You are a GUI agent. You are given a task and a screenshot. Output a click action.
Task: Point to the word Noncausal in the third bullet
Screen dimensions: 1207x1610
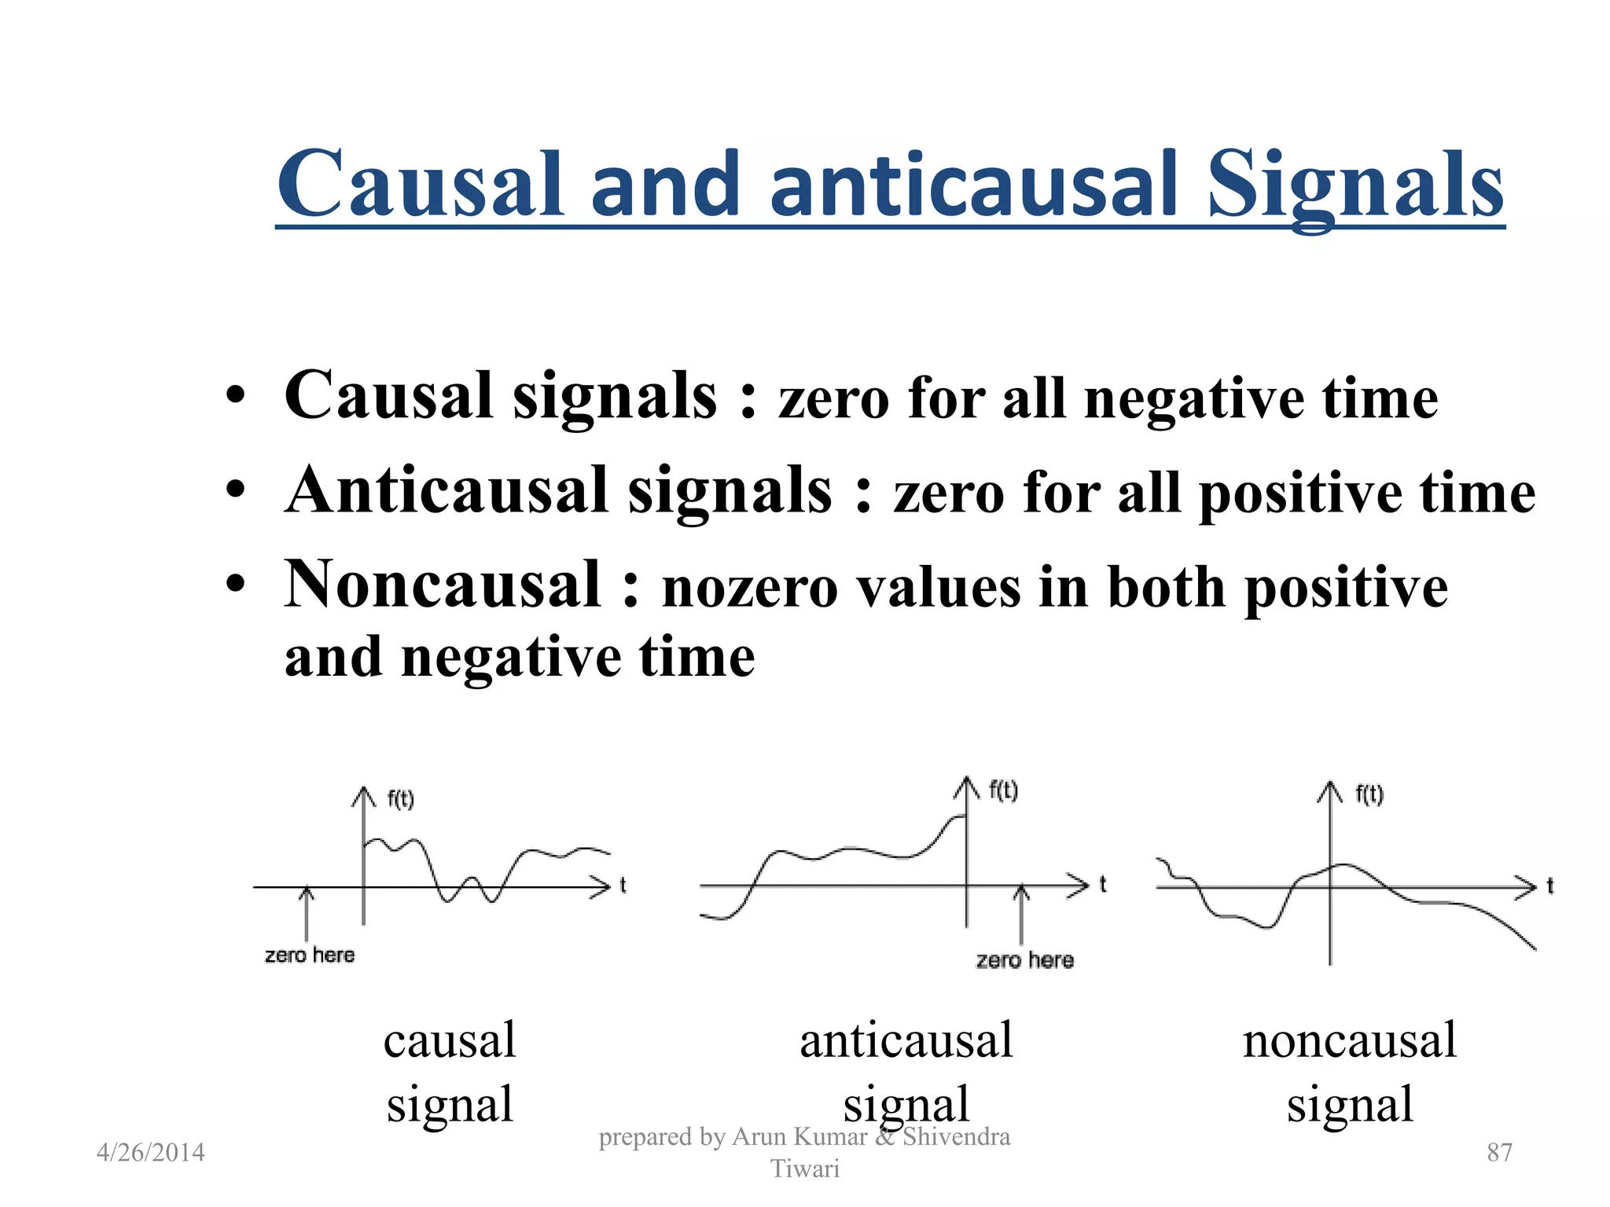tap(443, 585)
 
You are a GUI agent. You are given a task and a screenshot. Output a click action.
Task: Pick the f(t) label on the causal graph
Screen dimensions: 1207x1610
tap(400, 799)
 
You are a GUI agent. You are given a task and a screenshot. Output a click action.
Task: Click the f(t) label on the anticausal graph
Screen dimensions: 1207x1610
tap(1003, 790)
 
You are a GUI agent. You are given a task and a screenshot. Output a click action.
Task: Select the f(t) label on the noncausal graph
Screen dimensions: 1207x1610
tap(1369, 794)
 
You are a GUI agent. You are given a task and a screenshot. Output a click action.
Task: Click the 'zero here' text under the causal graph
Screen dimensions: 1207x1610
tap(310, 956)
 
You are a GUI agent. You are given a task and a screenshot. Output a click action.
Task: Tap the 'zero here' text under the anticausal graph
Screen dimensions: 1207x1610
tap(1024, 960)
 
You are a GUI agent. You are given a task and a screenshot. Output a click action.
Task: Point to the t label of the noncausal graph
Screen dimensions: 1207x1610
tap(1549, 886)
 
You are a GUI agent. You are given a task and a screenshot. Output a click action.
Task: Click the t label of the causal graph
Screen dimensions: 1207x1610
tap(623, 886)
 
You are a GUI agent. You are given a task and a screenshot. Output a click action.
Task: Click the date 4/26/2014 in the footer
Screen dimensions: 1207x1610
tap(150, 1153)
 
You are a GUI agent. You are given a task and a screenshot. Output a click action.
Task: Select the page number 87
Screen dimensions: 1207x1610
tap(1499, 1153)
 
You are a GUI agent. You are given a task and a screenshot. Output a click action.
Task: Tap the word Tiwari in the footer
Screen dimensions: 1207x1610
tap(804, 1169)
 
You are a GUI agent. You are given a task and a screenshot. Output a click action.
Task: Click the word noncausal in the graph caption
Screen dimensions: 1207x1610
tap(1349, 1041)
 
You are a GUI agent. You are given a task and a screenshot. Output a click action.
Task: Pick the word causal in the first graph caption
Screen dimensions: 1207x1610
tap(450, 1041)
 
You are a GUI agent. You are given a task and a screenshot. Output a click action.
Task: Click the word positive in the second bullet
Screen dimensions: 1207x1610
tap(1299, 495)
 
